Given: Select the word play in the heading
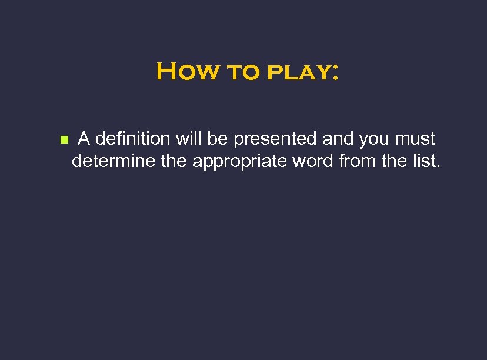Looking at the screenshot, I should (x=294, y=74).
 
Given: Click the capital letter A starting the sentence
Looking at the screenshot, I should (x=84, y=139).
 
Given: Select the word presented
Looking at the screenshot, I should (x=276, y=140).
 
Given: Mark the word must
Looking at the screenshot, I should (x=416, y=140).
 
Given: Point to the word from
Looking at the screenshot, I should (x=358, y=160).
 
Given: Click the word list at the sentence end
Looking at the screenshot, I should (x=426, y=160).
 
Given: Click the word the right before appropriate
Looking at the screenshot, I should (x=174, y=160).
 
